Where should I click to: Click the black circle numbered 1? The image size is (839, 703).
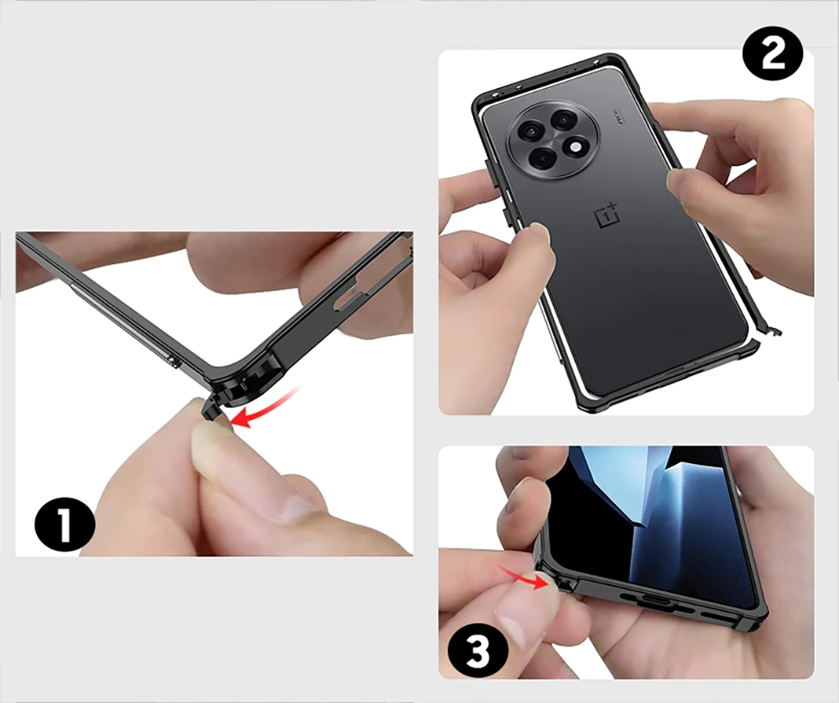click(65, 525)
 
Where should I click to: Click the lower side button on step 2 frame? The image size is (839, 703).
click(504, 216)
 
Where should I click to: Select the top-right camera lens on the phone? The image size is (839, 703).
click(563, 120)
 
